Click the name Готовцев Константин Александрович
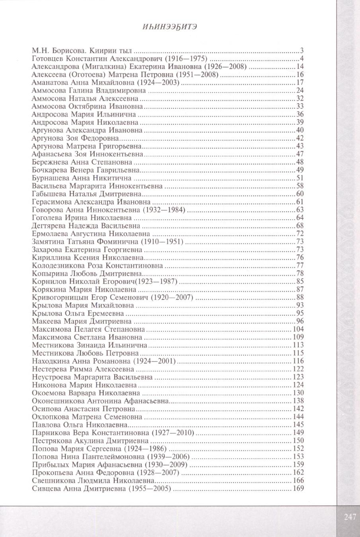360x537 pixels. (96, 58)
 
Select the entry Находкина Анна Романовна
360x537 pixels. (81, 361)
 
